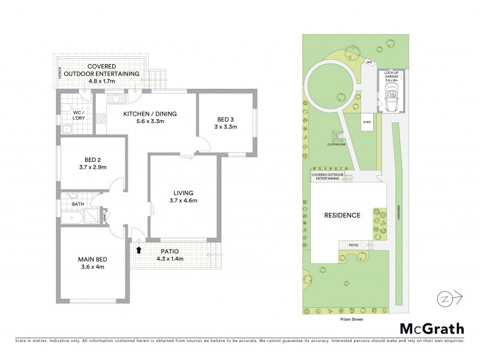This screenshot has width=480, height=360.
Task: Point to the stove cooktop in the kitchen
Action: pos(100,114)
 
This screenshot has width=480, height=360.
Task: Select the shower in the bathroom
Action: pos(96,218)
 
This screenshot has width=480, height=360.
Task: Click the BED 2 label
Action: pos(91,160)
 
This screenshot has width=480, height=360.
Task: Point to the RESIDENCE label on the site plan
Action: pos(342,215)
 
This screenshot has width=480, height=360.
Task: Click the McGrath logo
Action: pos(431,328)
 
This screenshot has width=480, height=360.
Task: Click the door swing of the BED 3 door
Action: pos(204,144)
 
